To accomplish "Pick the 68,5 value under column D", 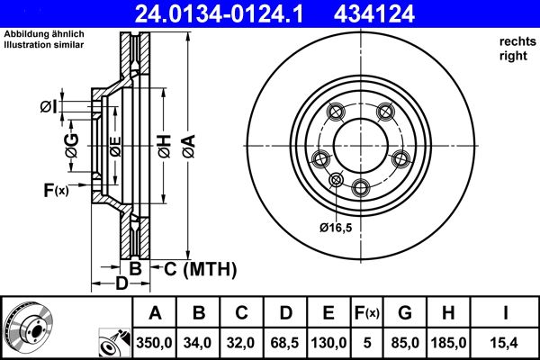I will [x=285, y=342].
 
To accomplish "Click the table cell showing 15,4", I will [x=506, y=342].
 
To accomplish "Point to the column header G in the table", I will [x=406, y=313].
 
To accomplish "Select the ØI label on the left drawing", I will [x=49, y=108].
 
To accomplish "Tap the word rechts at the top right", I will [x=516, y=41].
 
